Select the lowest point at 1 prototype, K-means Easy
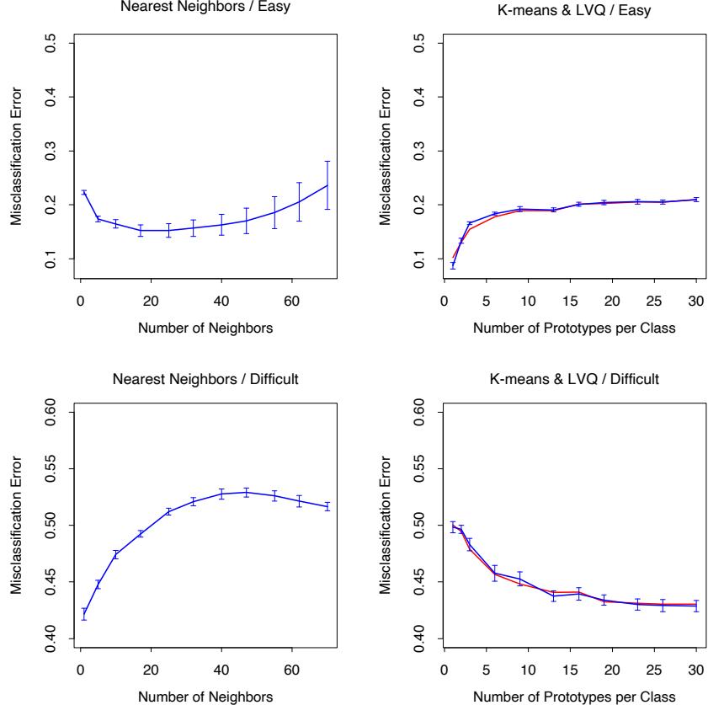pos(453,264)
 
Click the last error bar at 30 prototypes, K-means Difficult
pos(696,606)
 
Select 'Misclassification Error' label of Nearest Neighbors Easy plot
pos(17,150)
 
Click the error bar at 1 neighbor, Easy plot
pos(83,193)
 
